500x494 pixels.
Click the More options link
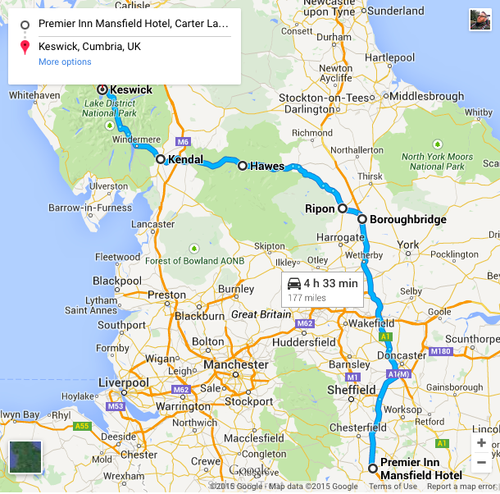coord(65,62)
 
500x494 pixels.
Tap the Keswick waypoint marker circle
coord(102,89)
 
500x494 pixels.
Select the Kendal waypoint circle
coord(161,159)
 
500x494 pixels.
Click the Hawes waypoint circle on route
coord(242,166)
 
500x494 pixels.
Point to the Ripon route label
coord(320,208)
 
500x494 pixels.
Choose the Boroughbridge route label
coord(407,219)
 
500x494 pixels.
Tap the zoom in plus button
coord(481,443)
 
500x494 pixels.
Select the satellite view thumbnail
coord(25,457)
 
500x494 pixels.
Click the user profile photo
coord(480,20)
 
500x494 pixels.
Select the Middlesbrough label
coord(426,96)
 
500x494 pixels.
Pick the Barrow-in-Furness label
coord(89,208)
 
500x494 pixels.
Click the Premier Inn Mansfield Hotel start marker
coord(373,469)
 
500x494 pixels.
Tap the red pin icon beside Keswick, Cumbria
coord(25,47)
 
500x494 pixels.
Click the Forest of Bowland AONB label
coord(194,262)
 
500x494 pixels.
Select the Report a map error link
coord(461,487)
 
